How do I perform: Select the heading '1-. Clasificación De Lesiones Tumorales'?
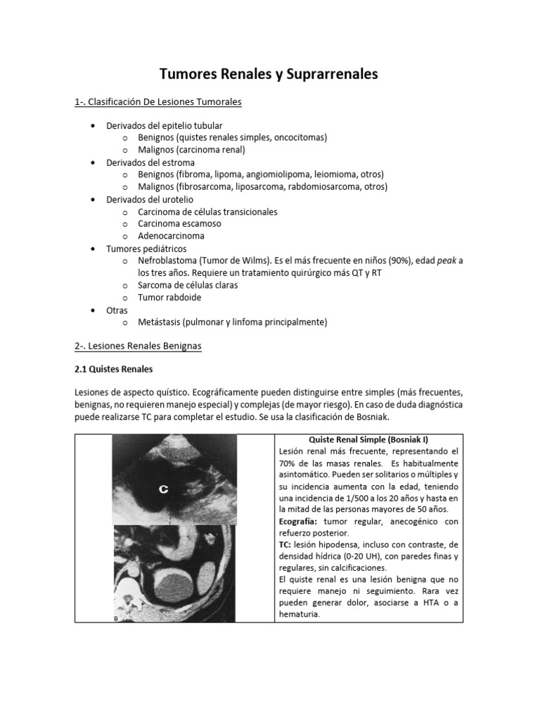(158, 102)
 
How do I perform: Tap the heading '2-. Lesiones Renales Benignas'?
(137, 346)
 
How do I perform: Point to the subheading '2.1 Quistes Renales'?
(113, 368)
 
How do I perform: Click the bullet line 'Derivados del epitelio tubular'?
(164, 125)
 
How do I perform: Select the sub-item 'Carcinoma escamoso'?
(179, 224)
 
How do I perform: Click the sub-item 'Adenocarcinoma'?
(171, 236)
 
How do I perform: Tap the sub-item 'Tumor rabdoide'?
(169, 298)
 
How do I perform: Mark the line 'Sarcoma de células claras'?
(188, 285)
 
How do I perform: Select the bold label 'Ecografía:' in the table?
(302, 521)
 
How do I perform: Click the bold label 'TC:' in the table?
(287, 544)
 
